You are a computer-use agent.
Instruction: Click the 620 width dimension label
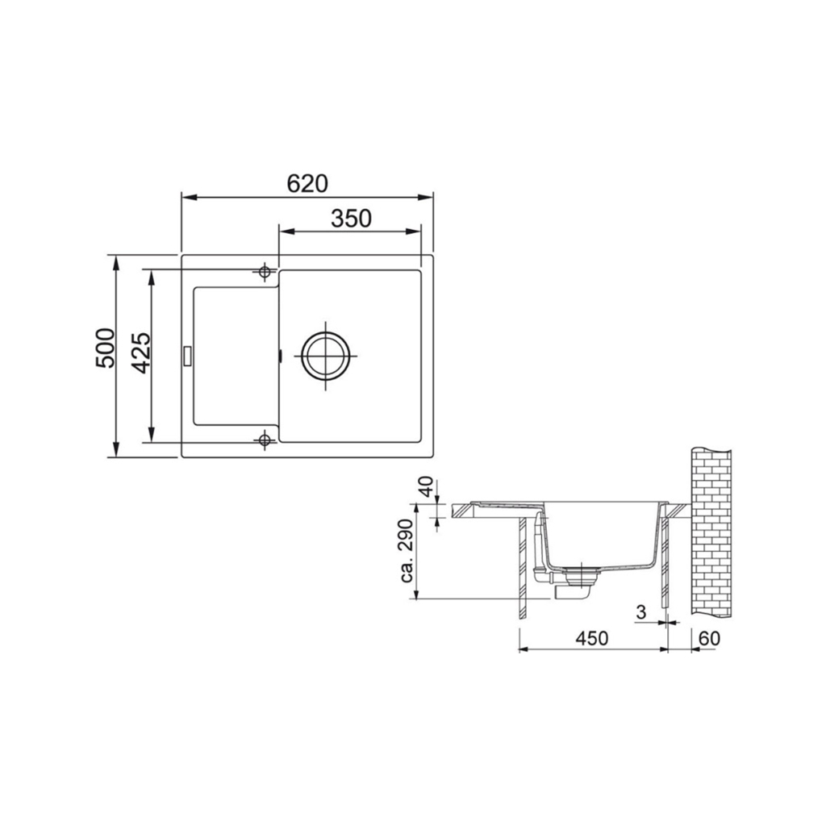point(307,183)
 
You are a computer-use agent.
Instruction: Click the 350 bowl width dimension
point(351,218)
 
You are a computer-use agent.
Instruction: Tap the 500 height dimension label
point(106,348)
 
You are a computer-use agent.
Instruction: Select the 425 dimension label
point(141,353)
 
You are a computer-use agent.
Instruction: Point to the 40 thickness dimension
point(427,486)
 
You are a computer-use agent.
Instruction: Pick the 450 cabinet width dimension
point(591,639)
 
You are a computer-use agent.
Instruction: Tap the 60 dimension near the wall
point(709,639)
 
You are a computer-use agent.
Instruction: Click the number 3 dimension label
point(641,612)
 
